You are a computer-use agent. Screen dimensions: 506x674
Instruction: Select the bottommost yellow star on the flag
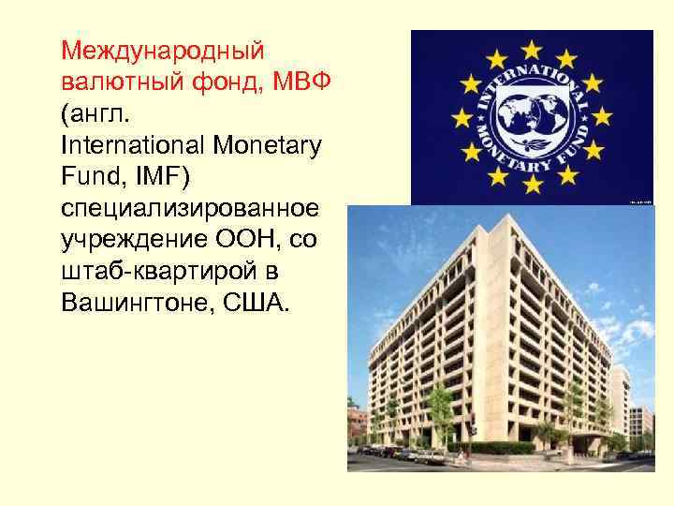[x=532, y=184]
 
